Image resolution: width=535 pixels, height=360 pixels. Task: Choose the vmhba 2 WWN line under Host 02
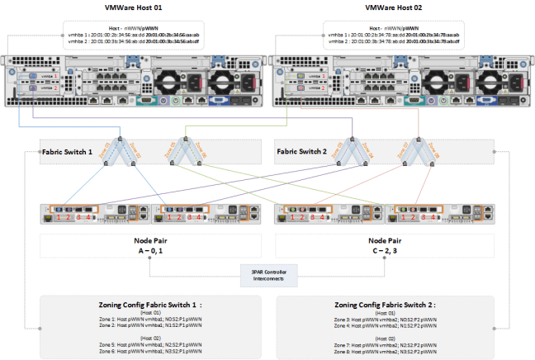(x=394, y=42)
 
